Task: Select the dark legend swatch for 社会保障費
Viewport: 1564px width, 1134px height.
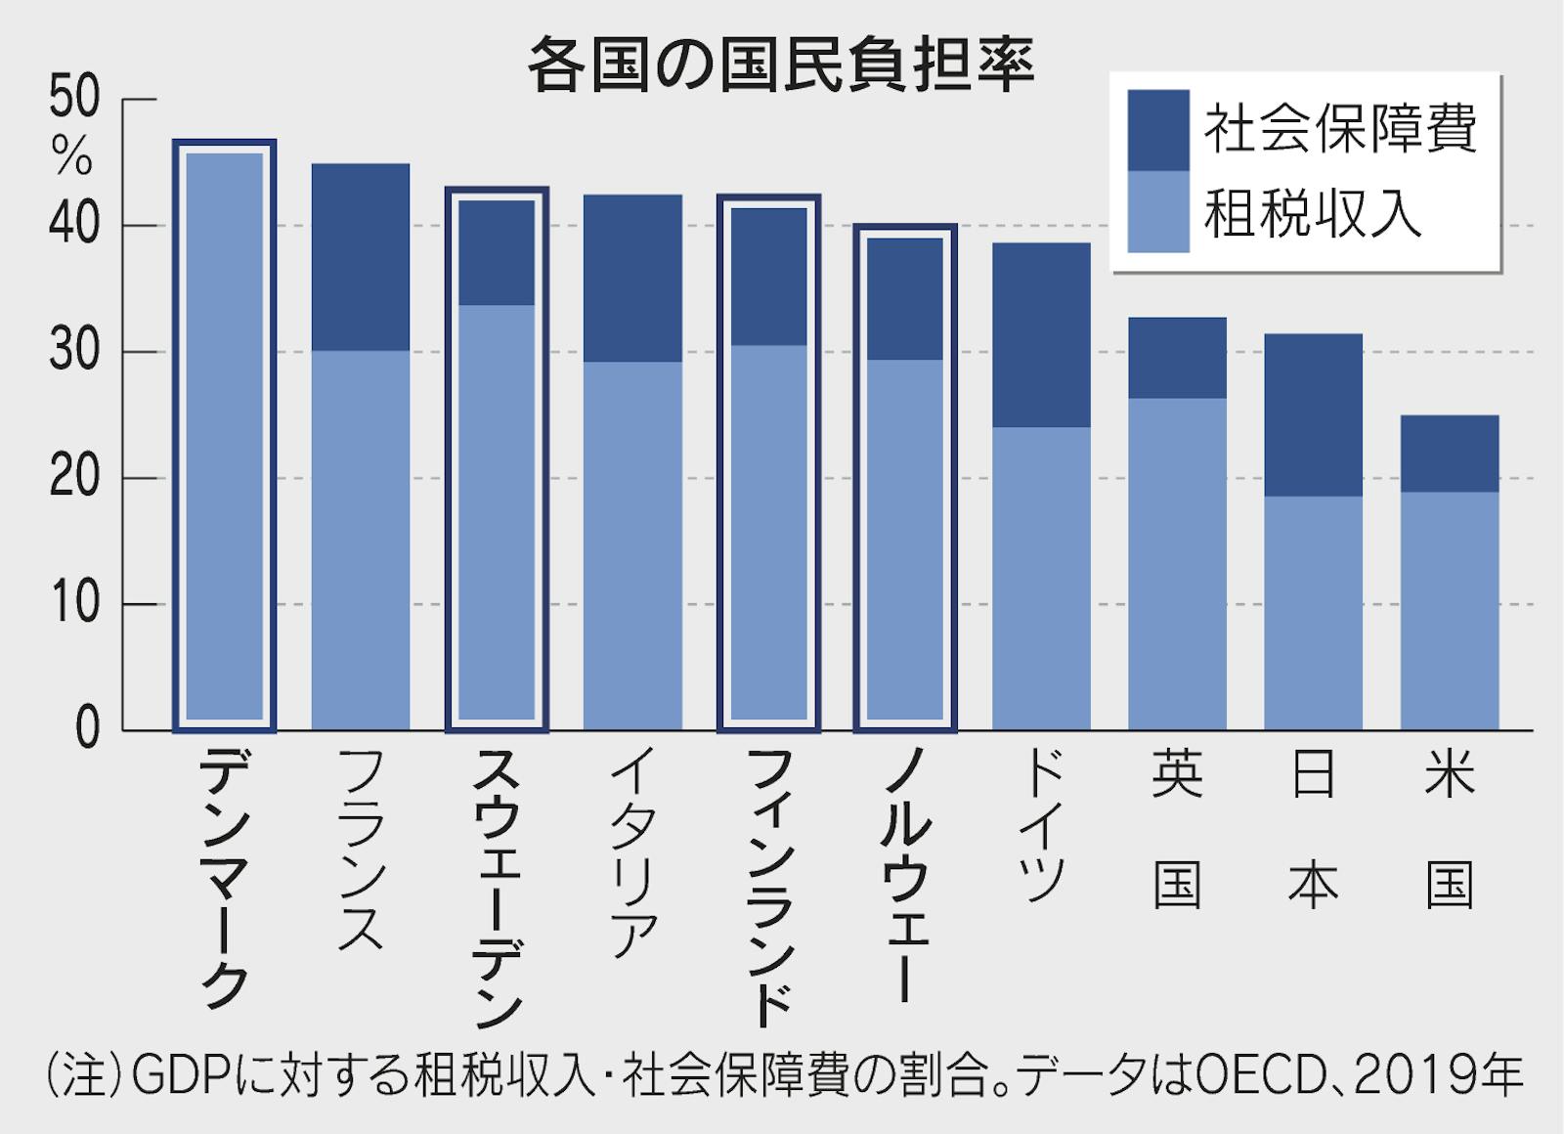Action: pyautogui.click(x=1157, y=130)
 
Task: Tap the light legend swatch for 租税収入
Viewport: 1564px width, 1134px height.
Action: pyautogui.click(x=1157, y=211)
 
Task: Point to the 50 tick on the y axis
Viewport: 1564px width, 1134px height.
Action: pyautogui.click(x=74, y=100)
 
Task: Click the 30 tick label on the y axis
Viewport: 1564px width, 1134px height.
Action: pyautogui.click(x=74, y=352)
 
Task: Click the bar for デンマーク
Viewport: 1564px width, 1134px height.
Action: pyautogui.click(x=224, y=435)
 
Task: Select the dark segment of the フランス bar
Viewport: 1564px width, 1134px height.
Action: pyautogui.click(x=360, y=257)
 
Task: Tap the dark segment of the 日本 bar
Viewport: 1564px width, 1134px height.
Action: pyautogui.click(x=1313, y=414)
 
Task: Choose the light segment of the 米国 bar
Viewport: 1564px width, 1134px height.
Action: pyautogui.click(x=1449, y=611)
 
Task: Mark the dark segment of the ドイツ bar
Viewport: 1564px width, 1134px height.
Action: pyautogui.click(x=1041, y=334)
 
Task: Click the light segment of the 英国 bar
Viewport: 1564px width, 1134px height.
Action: pyautogui.click(x=1177, y=563)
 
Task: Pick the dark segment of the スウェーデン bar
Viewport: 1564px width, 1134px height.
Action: pyautogui.click(x=497, y=252)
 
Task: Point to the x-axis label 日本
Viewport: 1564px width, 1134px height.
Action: pyautogui.click(x=1313, y=831)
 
